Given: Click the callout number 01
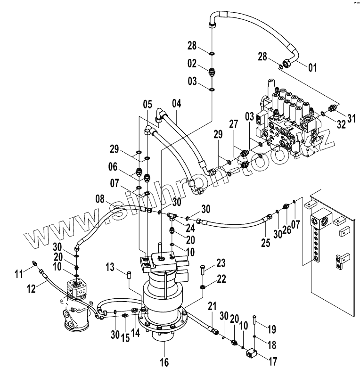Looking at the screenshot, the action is point(312,67).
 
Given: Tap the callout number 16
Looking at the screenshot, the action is point(164,362).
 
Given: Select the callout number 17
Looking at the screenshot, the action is point(273,361).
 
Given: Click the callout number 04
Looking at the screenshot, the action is point(177,104).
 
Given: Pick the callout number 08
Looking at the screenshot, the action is point(100,199).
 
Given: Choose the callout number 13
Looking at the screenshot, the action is point(110,267).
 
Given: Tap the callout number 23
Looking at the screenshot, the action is point(221,263).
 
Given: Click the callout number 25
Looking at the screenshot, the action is point(265,243).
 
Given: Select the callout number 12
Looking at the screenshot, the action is point(31,289).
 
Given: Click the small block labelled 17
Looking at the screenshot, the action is point(251,353).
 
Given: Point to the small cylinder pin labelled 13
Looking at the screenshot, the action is point(129,275).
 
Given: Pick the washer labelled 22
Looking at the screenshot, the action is point(203,287).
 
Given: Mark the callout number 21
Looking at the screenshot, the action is point(213,307).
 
